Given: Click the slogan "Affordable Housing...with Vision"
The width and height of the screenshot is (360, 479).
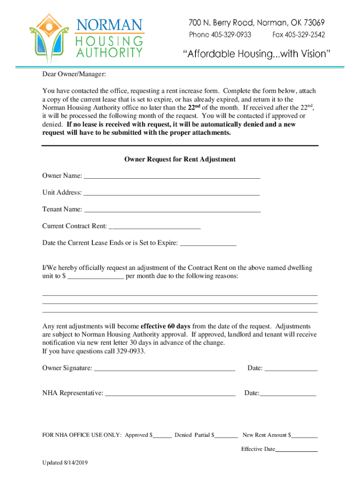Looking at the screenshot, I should pos(256,54).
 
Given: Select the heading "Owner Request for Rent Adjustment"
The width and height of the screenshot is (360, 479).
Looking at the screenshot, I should pos(180,160).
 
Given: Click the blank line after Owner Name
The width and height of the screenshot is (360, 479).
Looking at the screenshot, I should pos(171,177).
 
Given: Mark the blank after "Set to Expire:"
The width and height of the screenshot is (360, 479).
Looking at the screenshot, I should pos(208,244).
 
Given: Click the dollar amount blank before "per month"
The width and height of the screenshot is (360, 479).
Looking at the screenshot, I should pos(96,277).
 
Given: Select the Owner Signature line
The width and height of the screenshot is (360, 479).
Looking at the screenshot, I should pos(164,369).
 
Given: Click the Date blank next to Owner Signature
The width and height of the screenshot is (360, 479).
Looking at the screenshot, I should pos(291,369).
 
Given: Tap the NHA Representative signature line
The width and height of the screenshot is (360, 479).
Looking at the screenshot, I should pos(170,394).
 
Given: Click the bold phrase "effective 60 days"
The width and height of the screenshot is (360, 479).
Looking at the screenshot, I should pos(166,326).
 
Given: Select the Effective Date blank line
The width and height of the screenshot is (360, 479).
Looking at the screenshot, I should pos(296,450).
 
